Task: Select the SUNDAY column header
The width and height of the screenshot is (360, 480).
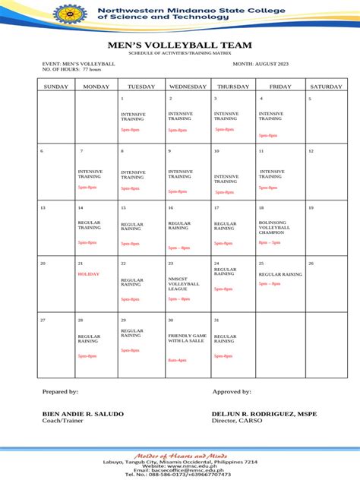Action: pos(55,87)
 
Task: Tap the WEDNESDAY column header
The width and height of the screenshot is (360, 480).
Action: pos(188,87)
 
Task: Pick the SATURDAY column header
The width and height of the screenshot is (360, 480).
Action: pos(326,87)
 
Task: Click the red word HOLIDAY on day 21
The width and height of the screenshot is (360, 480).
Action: pos(88,273)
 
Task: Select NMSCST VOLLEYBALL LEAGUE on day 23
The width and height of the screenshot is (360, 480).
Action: pos(183,283)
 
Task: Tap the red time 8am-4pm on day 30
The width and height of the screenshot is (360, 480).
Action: pos(178,359)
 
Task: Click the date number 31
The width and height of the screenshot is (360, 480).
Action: pos(216,321)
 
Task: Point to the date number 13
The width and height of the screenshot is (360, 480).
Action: pos(43,207)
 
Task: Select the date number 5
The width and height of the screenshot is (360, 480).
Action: pos(309,99)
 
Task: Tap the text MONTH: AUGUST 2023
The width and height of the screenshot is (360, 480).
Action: pos(257,64)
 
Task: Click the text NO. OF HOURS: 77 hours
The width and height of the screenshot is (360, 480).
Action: pos(71,69)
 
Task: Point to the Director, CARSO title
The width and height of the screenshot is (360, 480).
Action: pos(236,420)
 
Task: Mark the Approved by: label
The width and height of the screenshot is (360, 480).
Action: pos(232,391)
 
